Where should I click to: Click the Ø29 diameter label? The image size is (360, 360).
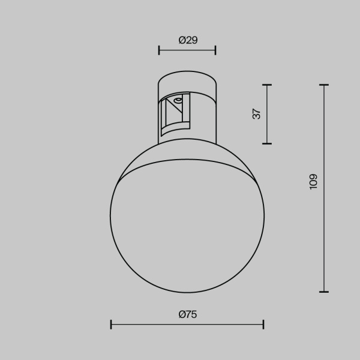coord(188,40)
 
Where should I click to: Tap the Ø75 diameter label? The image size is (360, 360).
coord(188,314)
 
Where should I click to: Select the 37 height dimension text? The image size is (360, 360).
coord(257,114)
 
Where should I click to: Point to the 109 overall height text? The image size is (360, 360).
coord(313,182)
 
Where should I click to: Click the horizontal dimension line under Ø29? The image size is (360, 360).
coord(187,50)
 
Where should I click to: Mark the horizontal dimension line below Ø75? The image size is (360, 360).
coord(187,325)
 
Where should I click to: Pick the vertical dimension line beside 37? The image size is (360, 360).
coord(267,114)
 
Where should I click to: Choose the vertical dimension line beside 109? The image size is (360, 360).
coord(325,188)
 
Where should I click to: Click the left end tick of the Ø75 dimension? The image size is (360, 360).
coord(112,325)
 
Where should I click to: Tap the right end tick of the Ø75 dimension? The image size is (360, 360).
coord(263,325)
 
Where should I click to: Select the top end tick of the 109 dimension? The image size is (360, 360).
coord(325,85)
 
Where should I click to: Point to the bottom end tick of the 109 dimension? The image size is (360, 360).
coord(325,292)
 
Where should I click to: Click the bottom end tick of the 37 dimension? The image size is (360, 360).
coord(267,143)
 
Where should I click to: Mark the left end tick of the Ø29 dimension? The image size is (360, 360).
coord(159,50)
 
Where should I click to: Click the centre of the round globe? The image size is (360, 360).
coord(187,217)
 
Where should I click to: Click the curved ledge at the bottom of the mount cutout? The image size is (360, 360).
coord(176,128)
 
